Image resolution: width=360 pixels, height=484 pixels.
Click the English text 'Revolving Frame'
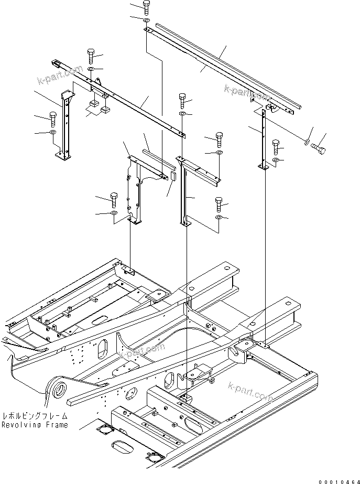click(x=35, y=425)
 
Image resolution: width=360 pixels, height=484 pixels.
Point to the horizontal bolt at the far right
click(x=318, y=149)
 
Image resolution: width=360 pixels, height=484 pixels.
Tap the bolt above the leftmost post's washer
click(x=53, y=118)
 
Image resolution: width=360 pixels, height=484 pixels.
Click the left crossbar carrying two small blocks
click(x=121, y=100)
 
